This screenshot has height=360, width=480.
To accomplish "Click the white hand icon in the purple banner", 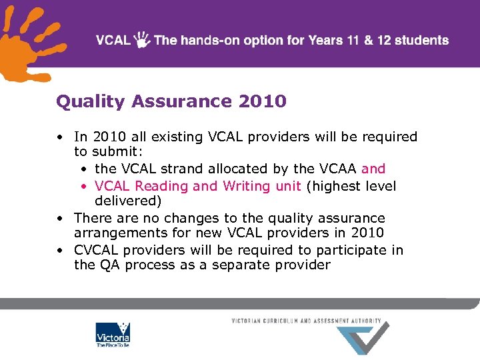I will tap(142, 39).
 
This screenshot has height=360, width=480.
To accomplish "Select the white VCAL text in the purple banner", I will tap(113, 40).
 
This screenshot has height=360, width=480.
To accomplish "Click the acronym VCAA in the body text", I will tap(339, 169).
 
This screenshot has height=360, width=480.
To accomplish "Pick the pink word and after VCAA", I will tap(373, 169).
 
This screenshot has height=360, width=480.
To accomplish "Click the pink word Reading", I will tap(162, 186).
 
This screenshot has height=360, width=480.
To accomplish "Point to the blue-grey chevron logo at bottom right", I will tap(363, 339).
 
